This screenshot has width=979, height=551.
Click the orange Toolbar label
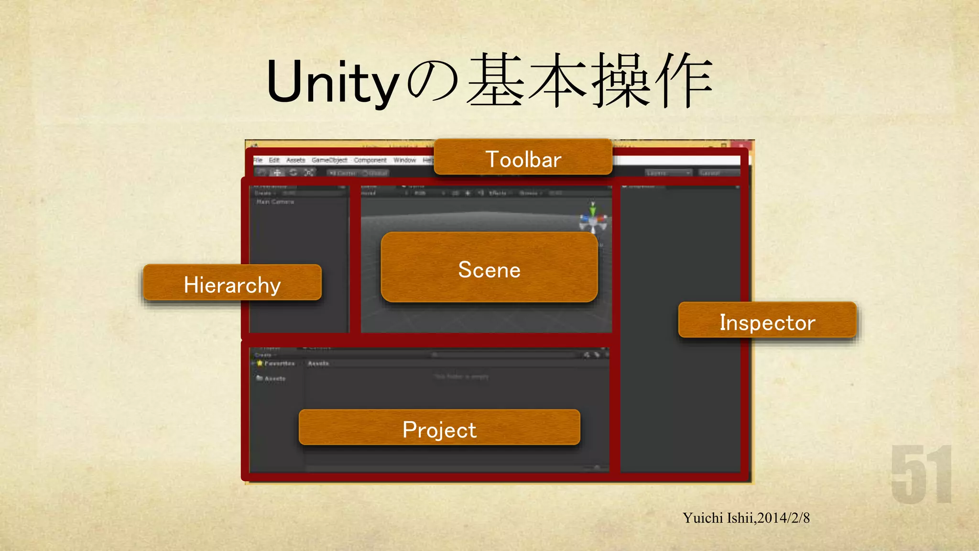(x=523, y=159)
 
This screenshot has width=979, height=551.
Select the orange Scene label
(x=489, y=269)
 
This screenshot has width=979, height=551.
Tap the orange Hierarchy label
(x=232, y=284)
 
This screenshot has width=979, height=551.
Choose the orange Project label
(x=439, y=429)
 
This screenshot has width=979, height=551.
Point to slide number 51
(x=921, y=474)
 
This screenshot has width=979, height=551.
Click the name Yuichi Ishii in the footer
(x=718, y=518)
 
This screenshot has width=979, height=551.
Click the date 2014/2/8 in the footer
(x=783, y=518)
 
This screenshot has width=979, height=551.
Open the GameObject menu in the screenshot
(x=329, y=160)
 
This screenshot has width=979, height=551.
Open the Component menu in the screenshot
(x=370, y=160)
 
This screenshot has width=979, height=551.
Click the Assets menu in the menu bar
(x=295, y=160)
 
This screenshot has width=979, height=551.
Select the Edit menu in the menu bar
(x=274, y=160)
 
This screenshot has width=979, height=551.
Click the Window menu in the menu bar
(x=404, y=160)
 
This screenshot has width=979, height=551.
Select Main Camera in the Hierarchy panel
(x=275, y=202)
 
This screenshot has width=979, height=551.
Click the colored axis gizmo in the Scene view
(x=593, y=219)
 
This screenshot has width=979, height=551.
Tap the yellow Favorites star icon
(x=260, y=364)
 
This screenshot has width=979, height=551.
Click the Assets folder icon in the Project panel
(x=260, y=378)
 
